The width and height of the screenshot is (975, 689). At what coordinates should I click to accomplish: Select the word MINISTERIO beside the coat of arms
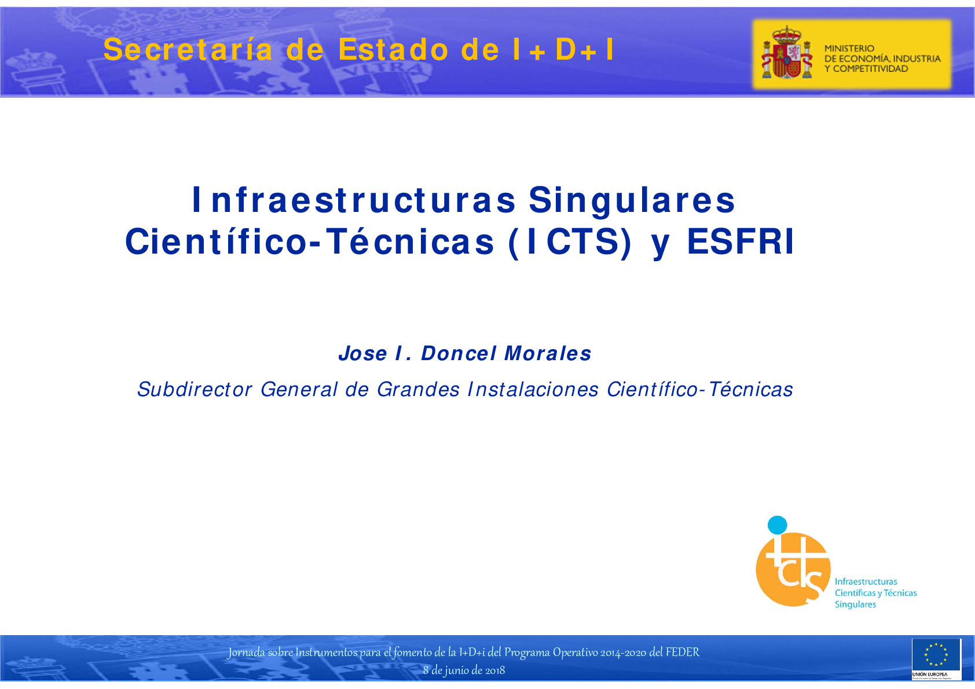pos(849,49)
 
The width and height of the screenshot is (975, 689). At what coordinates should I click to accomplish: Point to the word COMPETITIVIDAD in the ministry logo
pos(870,69)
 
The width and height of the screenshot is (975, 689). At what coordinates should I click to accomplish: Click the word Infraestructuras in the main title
pos(354,200)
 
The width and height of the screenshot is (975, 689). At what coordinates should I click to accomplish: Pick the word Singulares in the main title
pos(632,200)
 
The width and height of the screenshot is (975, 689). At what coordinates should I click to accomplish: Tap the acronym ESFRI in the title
pos(741,242)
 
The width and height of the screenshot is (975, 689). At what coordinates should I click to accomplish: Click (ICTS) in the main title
pos(570,242)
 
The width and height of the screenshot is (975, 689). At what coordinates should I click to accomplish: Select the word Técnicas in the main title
pos(410,242)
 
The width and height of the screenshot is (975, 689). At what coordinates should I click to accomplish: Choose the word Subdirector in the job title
pos(195,390)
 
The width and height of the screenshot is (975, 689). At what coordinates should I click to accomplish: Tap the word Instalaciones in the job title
pos(533,390)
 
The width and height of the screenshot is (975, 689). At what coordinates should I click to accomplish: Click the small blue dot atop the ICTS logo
pos(777,525)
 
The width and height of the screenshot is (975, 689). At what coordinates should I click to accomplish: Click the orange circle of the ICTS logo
pos(793,570)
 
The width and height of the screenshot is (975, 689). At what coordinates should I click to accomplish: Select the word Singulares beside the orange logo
pos(855,604)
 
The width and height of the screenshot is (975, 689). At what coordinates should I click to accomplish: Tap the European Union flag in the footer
pos(936,655)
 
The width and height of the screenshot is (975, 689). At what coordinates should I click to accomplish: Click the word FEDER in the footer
pos(682,653)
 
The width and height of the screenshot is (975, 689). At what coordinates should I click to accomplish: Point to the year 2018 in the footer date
pos(495,670)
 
